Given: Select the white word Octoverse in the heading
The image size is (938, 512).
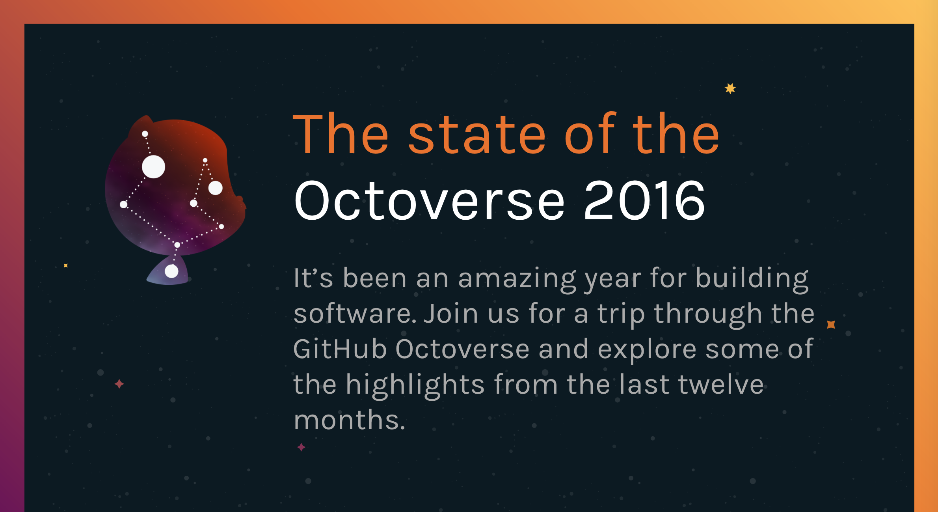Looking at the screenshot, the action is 430,200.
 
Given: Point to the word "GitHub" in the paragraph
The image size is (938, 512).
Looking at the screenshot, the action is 340,349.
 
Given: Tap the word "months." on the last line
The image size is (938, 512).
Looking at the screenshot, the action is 350,420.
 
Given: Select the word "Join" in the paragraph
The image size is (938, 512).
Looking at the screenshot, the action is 451,314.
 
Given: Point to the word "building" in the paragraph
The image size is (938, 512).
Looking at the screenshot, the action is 752,279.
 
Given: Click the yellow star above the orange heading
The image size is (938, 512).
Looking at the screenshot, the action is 730,88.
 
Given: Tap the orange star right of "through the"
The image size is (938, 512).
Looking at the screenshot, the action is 831,324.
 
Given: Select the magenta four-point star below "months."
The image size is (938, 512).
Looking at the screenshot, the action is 301,447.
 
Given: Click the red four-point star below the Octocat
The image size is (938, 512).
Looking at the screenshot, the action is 119,384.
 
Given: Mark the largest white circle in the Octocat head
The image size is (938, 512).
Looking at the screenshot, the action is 153,167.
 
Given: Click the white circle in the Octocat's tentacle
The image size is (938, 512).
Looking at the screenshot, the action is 171,271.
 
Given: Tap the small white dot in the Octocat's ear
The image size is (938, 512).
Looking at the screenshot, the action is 145,134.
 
